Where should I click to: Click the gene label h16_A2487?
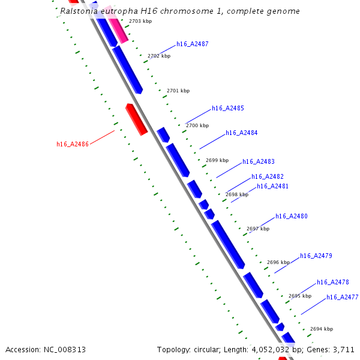(193, 44)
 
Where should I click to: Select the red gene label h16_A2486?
(73, 144)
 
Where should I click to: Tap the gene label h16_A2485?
(228, 109)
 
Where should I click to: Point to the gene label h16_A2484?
(242, 133)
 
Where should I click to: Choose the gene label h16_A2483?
(259, 162)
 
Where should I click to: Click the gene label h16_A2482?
(268, 176)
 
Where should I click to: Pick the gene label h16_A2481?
(273, 187)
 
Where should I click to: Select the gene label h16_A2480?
(292, 217)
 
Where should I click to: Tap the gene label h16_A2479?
(316, 256)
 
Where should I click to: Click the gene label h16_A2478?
(333, 283)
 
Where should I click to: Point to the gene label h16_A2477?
(343, 298)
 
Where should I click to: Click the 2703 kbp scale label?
(140, 21)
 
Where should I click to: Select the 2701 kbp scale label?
(178, 91)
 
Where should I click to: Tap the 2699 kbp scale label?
(217, 160)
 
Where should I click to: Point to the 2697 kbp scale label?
(258, 229)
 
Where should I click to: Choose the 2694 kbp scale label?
(322, 329)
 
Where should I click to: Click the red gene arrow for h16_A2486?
(136, 119)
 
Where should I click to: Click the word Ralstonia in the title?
(80, 11)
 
